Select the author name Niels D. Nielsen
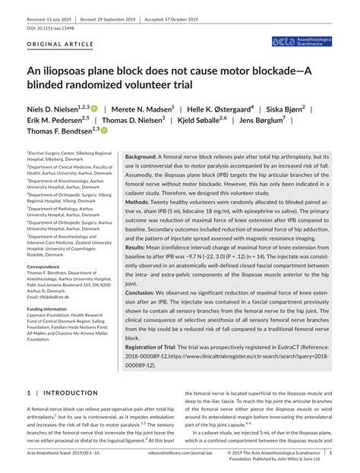click(55, 111)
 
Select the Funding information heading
click(55, 310)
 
